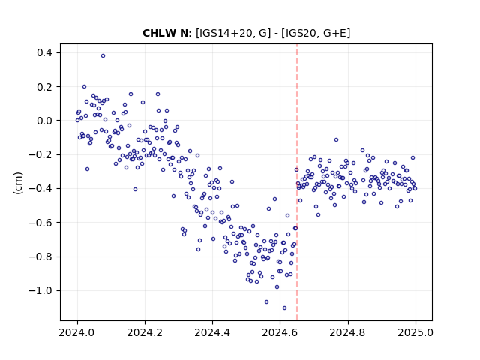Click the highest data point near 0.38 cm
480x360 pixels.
pos(103,56)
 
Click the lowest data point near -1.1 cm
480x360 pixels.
pos(285,308)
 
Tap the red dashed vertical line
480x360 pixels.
pos(297,182)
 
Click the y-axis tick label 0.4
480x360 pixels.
pos(45,53)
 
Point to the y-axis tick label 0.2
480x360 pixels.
pos(45,87)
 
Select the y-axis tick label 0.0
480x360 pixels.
pos(45,121)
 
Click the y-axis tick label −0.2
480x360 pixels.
pos(40,155)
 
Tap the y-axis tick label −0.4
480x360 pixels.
pos(40,188)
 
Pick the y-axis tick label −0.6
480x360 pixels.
pos(40,223)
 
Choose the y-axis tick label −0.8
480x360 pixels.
pos(40,256)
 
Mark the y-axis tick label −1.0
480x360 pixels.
pos(40,290)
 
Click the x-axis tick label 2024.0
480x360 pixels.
pos(77,332)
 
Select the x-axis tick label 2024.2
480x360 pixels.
pos(145,332)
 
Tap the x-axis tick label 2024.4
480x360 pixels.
pos(212,332)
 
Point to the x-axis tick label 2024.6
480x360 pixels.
pos(280,332)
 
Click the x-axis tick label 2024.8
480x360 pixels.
pos(348,332)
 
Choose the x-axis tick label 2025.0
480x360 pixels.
pos(415,332)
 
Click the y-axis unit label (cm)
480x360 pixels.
pos(18,183)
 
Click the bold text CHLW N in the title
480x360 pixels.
pos(166,33)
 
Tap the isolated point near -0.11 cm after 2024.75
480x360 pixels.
pos(337,140)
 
